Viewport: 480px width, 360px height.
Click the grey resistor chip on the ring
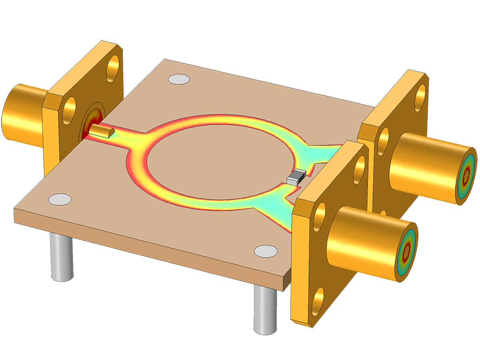pos(296,177)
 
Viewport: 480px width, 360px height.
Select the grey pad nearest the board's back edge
pos(178,79)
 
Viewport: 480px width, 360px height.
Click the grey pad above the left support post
pos(60,199)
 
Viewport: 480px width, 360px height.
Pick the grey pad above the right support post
pos(265,251)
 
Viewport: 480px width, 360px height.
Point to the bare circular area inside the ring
pos(220,160)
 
